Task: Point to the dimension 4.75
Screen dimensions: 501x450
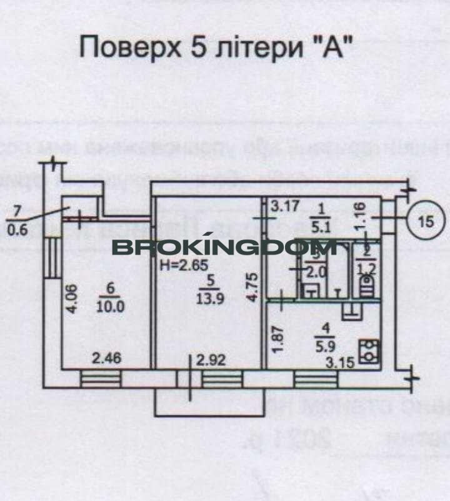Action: [251, 287]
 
